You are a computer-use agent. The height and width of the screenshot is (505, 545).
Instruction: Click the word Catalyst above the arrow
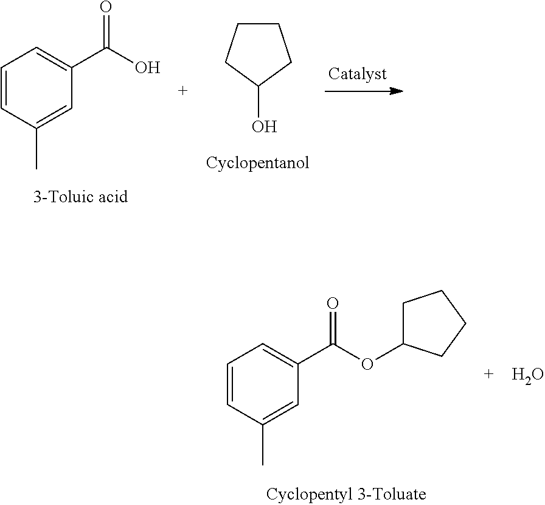tap(357, 74)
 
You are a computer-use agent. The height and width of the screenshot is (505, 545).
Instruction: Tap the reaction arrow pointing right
tap(364, 91)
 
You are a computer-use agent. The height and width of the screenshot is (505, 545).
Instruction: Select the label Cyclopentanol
tap(257, 163)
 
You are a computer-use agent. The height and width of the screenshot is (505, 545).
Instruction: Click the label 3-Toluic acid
tap(80, 197)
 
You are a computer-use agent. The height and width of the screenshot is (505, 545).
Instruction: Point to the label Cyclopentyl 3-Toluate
tap(346, 493)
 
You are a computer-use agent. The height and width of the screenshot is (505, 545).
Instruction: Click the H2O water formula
tap(527, 376)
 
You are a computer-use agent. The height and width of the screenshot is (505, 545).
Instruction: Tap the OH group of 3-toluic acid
tap(147, 67)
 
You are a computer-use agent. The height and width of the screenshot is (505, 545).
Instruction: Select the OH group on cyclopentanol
tap(264, 127)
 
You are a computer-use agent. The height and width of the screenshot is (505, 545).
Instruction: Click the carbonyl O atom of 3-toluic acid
tap(106, 8)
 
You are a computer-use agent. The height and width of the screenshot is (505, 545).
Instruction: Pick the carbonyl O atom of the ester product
tap(332, 303)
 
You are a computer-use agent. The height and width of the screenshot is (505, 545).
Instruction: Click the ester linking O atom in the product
tap(367, 364)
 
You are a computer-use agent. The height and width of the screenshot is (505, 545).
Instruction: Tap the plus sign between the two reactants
tap(182, 91)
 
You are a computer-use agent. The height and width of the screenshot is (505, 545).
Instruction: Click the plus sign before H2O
tap(488, 375)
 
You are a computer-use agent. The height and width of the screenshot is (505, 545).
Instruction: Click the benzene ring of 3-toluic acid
tap(36, 89)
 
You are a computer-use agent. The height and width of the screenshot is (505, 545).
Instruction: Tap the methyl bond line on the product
tap(263, 445)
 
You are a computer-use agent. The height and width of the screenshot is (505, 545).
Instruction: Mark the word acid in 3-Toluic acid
tap(113, 197)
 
